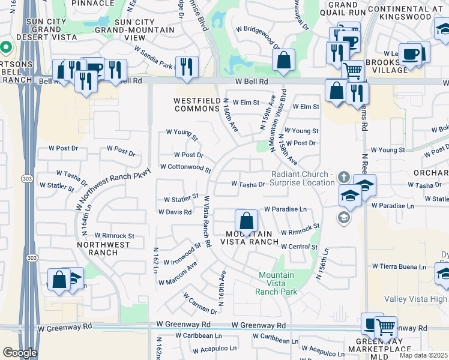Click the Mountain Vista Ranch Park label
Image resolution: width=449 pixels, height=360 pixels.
pos(277,283)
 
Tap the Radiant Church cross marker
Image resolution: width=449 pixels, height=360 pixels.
pos(343,177)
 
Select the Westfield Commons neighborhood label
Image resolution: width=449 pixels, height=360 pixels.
pos(197,105)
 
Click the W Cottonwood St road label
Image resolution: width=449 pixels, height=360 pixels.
pos(185,168)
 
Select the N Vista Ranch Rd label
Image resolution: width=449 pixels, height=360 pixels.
pos(207,221)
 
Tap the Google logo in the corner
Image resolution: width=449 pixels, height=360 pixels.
pos(20,353)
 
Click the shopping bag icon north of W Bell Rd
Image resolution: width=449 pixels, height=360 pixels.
pos(284,60)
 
